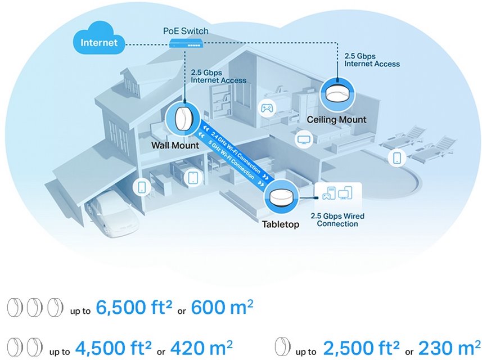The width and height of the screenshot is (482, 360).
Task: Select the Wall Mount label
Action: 175,146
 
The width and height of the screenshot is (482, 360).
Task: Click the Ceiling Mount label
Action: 336,120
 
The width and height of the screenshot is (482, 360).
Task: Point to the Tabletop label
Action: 281,224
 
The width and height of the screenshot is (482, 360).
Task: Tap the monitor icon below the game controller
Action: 304,138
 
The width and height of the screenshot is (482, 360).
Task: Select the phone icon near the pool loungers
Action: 397,157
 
